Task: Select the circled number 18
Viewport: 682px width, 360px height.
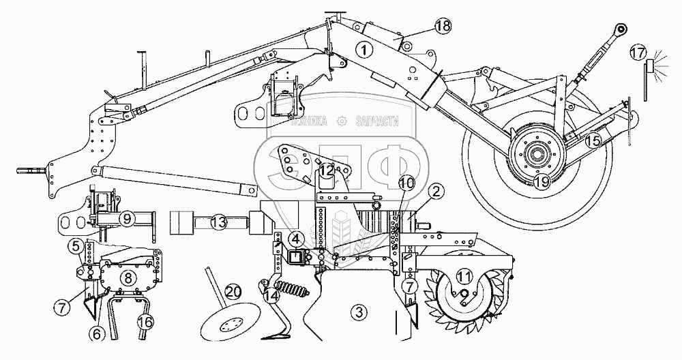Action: pos(443,27)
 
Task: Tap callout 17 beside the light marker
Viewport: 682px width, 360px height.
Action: pos(638,52)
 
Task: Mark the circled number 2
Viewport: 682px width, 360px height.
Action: pos(437,191)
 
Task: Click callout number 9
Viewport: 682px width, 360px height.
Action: pos(126,219)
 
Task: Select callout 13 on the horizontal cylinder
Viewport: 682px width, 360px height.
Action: pos(218,222)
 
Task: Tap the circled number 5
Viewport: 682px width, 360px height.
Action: pos(77,246)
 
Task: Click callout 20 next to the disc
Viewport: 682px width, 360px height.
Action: pos(232,291)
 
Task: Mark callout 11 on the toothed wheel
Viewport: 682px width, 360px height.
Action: pos(464,276)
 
